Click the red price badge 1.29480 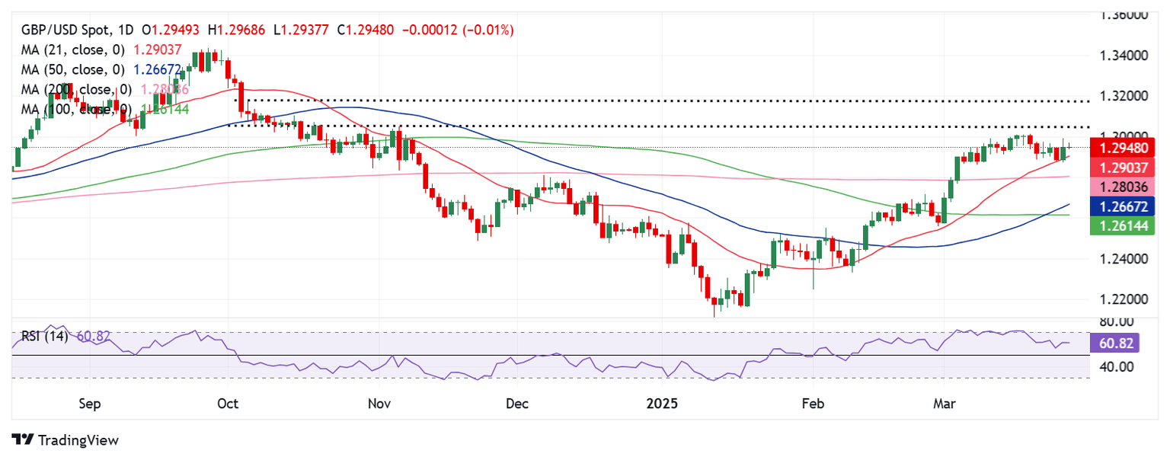pyautogui.click(x=1123, y=147)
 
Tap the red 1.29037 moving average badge pyautogui.click(x=1123, y=167)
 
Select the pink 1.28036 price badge pyautogui.click(x=1123, y=187)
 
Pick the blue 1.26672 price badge pyautogui.click(x=1123, y=206)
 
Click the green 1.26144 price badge pyautogui.click(x=1123, y=225)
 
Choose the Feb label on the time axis pyautogui.click(x=814, y=403)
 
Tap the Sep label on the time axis pyautogui.click(x=90, y=403)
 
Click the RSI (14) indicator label pyautogui.click(x=45, y=336)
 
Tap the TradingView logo pyautogui.click(x=66, y=440)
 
